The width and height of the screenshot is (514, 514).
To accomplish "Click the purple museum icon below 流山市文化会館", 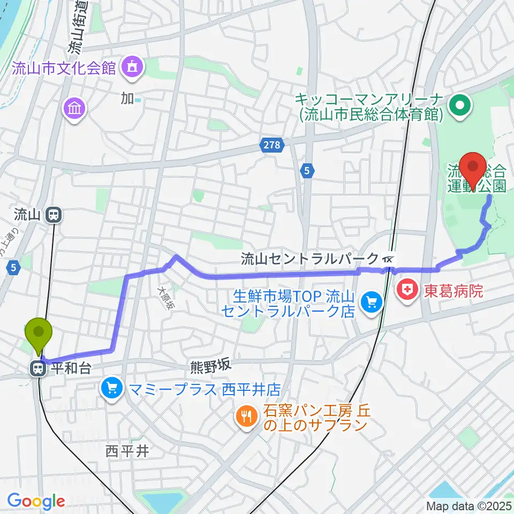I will coord(74,109).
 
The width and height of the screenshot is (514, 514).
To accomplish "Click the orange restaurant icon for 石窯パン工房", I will coord(247,418).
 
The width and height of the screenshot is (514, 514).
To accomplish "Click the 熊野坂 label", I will coord(210,366).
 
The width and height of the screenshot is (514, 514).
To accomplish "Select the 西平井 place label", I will coord(127,451).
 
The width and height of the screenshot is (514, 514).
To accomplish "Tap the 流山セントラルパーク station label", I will coord(310,259).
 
